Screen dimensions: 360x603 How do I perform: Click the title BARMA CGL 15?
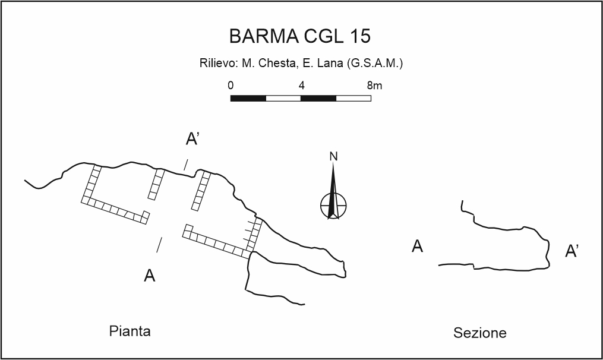tap(300, 36)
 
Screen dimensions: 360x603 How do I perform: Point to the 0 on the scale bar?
tap(231, 85)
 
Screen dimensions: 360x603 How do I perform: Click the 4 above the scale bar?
tap(301, 85)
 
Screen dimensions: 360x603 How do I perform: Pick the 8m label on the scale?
tap(374, 85)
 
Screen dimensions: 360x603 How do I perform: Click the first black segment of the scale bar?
tap(248, 97)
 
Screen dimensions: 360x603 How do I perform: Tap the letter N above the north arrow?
tap(333, 157)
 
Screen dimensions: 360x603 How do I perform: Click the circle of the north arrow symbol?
tap(333, 206)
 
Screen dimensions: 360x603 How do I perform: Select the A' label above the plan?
tap(192, 139)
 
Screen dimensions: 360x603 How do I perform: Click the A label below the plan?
tap(150, 276)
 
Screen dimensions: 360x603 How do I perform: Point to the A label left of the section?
tap(418, 246)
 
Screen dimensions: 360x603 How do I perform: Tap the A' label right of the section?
tap(572, 251)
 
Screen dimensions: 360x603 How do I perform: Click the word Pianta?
tap(130, 331)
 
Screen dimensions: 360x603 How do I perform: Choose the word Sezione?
tap(480, 333)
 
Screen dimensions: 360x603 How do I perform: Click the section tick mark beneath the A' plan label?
tap(186, 164)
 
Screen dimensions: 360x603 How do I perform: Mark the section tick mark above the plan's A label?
tap(159, 244)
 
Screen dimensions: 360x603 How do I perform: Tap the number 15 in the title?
tap(360, 36)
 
